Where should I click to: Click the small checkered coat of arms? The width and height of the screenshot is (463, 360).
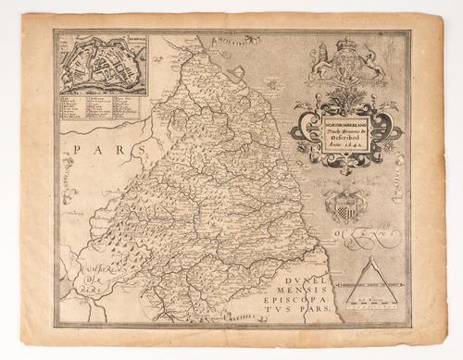344,205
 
